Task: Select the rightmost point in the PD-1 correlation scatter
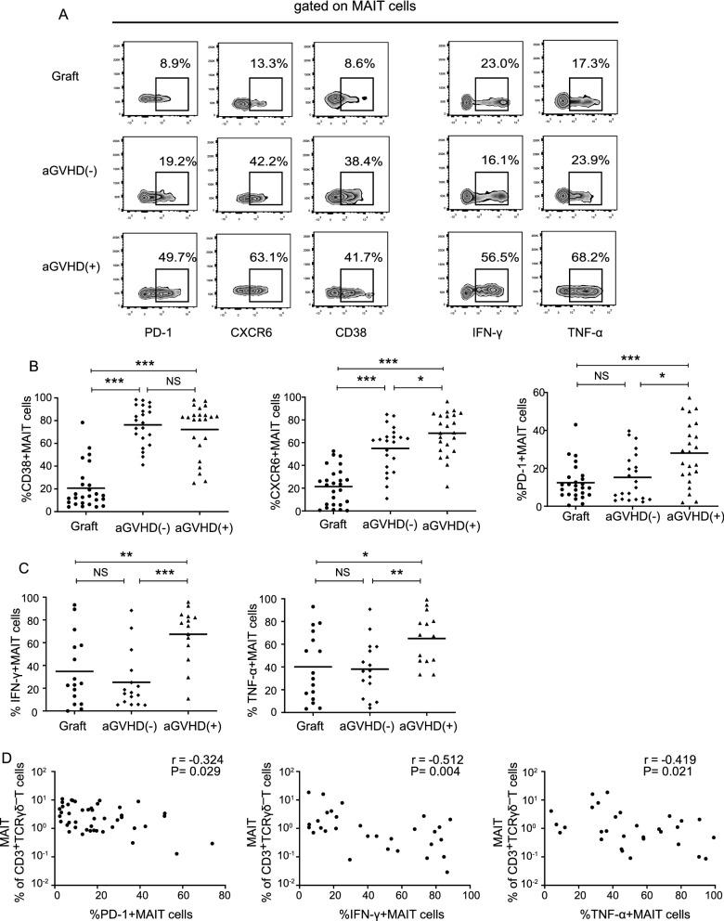click(212, 843)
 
